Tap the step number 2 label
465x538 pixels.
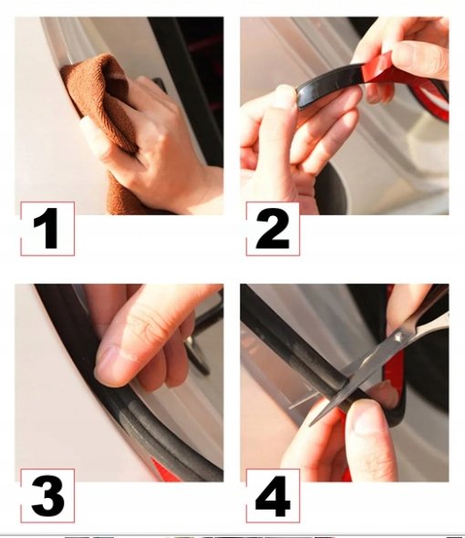click(273, 229)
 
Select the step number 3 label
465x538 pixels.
click(47, 496)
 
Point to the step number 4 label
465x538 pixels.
click(273, 496)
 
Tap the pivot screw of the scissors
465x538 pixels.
click(398, 337)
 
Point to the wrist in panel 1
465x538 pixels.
click(202, 192)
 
